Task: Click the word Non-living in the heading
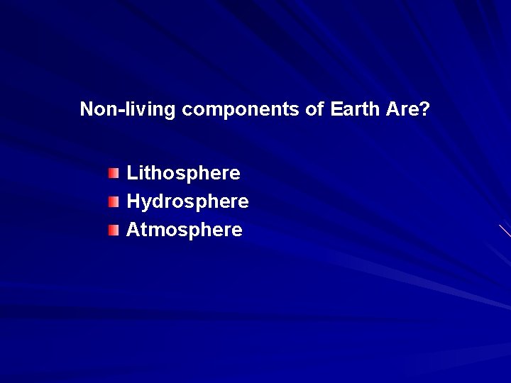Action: click(x=128, y=109)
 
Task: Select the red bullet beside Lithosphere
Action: click(x=114, y=173)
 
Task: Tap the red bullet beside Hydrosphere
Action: click(x=114, y=202)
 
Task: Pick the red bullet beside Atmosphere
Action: click(x=114, y=231)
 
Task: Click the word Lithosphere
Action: click(x=183, y=173)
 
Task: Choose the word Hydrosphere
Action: click(x=187, y=202)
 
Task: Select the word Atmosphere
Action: click(x=185, y=231)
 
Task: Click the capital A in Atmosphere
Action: click(x=133, y=230)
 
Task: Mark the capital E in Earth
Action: click(x=336, y=109)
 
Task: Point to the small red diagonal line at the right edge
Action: click(x=505, y=231)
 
